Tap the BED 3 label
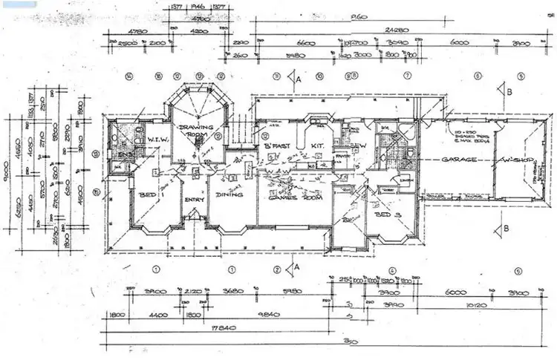click(x=384, y=214)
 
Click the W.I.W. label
click(x=158, y=139)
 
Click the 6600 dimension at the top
click(x=307, y=43)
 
